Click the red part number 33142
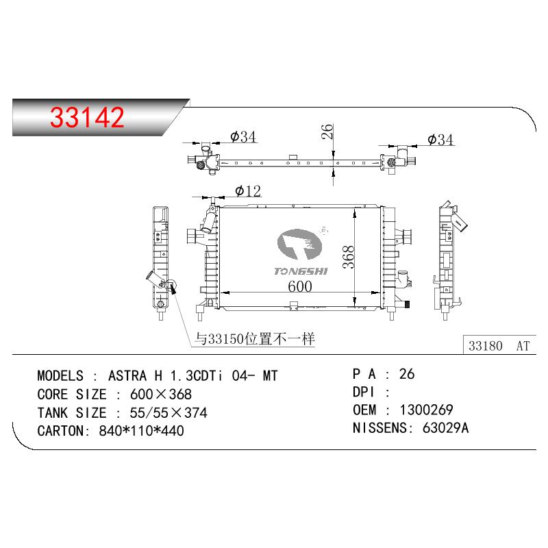87,117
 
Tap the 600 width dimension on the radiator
300,286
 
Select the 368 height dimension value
349,257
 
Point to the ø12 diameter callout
248,191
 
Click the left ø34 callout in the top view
243,136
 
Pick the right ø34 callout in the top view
440,140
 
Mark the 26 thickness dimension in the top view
327,132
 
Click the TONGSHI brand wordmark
301,271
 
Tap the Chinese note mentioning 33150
255,338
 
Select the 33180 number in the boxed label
486,346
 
